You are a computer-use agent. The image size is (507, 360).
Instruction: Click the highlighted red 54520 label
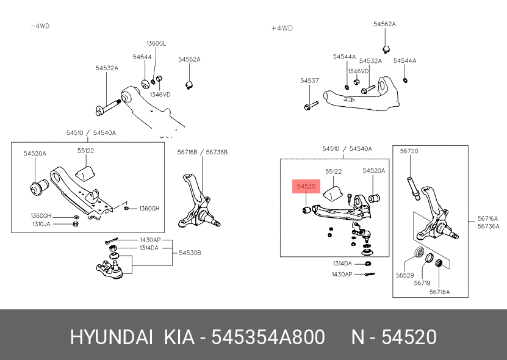[x=306, y=185]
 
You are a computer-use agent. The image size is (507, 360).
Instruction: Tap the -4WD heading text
[x=40, y=26]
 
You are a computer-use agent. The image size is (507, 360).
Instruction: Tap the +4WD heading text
[x=282, y=28]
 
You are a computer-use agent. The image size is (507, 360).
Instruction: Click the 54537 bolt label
[x=309, y=81]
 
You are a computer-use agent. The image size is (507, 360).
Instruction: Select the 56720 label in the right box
[x=409, y=151]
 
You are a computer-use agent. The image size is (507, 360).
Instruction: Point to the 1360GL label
[x=156, y=43]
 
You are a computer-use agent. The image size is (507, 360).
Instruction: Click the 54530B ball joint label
[x=189, y=253]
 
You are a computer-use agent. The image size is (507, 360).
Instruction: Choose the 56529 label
[x=405, y=276]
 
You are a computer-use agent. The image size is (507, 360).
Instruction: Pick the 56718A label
[x=439, y=292]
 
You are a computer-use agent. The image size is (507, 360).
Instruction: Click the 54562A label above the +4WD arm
[x=384, y=24]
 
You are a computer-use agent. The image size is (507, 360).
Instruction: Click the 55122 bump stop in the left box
[x=84, y=171]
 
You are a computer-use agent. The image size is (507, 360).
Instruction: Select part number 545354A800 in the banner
[x=267, y=337]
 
